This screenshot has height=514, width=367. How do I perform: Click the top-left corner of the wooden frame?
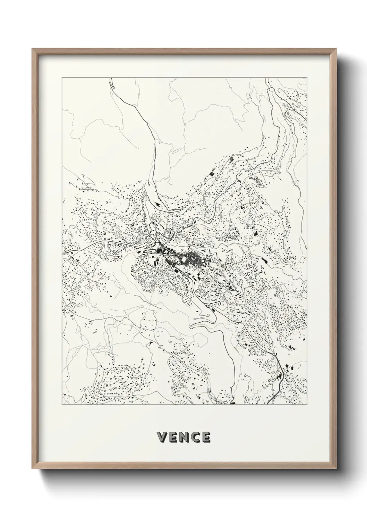click(32, 49)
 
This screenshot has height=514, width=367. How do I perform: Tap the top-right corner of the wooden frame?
click(335, 49)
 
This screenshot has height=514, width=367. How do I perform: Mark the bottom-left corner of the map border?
click(62, 405)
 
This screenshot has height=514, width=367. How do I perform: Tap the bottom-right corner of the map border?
click(307, 405)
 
